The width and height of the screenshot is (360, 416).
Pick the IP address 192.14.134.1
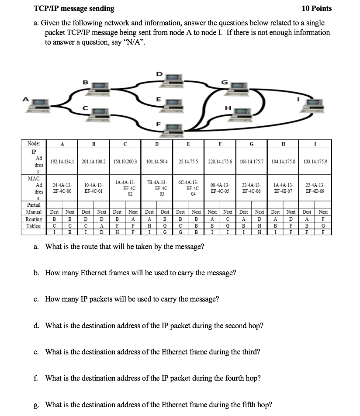click(x=62, y=162)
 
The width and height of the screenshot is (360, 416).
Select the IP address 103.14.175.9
click(x=315, y=162)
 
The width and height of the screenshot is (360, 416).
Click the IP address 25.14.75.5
click(x=188, y=162)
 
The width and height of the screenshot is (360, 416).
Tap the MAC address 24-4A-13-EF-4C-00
click(x=62, y=188)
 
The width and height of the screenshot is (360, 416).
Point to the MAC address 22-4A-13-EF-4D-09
click(x=315, y=188)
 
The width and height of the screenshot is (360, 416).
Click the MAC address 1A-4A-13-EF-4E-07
click(x=284, y=188)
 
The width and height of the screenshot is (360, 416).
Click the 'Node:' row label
click(x=34, y=143)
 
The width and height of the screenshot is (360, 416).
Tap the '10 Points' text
click(x=317, y=8)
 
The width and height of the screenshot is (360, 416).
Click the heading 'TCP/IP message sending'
click(x=74, y=8)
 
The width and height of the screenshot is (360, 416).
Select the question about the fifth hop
click(x=158, y=405)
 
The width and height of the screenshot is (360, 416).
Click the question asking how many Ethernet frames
click(x=140, y=273)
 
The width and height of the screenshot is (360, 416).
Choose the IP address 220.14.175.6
click(x=220, y=162)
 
